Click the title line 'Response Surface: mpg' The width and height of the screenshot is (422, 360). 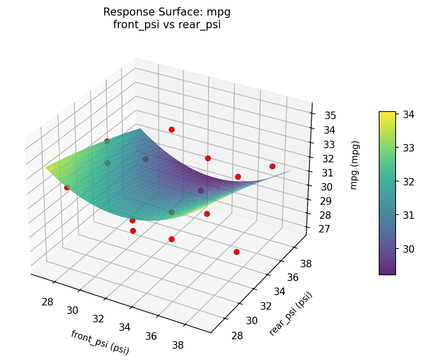[167, 12]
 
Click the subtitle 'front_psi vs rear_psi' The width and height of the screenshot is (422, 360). [167, 25]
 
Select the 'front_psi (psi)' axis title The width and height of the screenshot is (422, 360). [100, 342]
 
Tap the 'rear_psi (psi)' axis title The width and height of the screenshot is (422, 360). [291, 313]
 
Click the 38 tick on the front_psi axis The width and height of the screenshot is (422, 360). [178, 345]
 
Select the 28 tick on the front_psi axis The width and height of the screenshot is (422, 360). [47, 302]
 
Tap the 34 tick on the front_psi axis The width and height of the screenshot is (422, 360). [124, 327]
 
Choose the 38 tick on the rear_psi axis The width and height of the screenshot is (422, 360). [306, 264]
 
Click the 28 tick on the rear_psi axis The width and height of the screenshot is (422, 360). [237, 335]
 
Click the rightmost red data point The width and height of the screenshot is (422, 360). [272, 166]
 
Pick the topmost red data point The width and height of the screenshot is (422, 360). [171, 129]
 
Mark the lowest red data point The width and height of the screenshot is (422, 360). [236, 252]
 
